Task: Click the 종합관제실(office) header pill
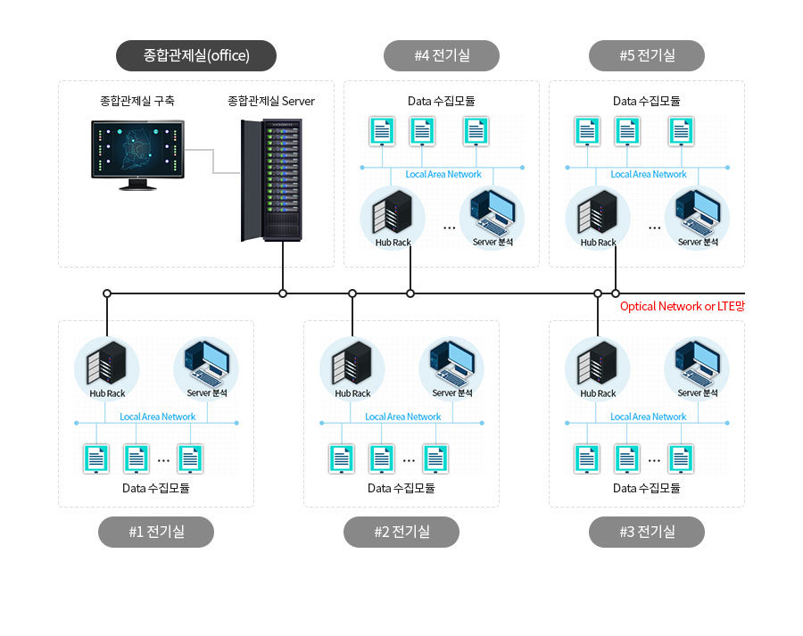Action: coord(196,55)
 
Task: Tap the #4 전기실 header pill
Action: coord(442,55)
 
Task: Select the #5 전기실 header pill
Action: coord(647,55)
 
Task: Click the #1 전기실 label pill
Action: coord(156,532)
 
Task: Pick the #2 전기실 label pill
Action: coord(401,532)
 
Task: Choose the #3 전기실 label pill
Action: coord(647,532)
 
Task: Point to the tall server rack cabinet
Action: coord(271,180)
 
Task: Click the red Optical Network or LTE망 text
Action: coord(683,306)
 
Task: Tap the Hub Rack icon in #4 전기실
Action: coord(393,212)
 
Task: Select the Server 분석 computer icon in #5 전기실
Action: coord(698,212)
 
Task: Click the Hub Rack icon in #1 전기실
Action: coord(106,363)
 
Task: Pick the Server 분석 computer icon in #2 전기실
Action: coord(452,363)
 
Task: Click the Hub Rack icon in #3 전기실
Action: coord(598,363)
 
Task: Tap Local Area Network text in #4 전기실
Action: coord(443,174)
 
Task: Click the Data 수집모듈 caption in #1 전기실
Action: coord(155,488)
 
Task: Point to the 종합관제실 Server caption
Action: coord(271,101)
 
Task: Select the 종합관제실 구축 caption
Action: coord(137,101)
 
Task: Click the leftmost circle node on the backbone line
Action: coord(106,293)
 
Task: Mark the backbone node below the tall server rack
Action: coord(283,293)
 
